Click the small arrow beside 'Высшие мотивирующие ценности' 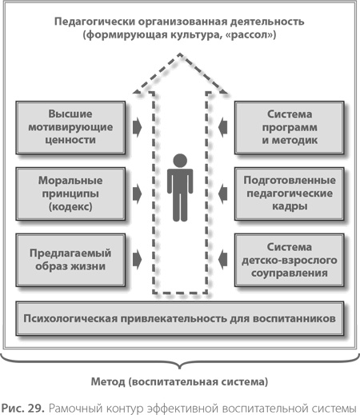point(138,126)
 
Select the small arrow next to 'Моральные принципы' point(138,193)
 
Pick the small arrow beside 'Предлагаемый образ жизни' point(138,259)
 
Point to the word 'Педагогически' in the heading point(91,21)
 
